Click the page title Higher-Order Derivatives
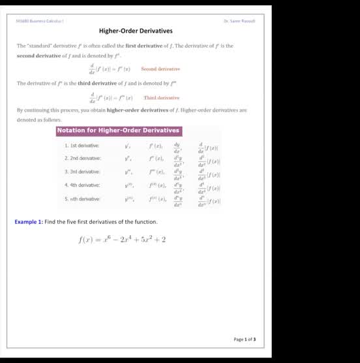pos(136,31)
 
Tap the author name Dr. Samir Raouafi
pos(239,20)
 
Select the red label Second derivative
pos(160,69)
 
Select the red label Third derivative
pos(161,97)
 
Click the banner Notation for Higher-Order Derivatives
pos(118,131)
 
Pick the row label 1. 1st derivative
pos(82,146)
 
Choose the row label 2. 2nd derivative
pos(83,158)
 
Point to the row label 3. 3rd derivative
pos(82,172)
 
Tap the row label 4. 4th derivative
pos(82,185)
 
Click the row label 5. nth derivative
pos(82,198)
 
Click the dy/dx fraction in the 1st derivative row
pos(177,146)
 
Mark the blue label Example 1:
pos(29,222)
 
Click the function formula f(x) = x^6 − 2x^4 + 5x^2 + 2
pos(122,240)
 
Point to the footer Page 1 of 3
pos(245,339)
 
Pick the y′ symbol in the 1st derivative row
pos(128,146)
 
